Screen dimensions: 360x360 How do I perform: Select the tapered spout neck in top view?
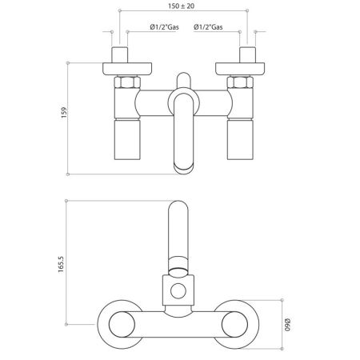point(180,262)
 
